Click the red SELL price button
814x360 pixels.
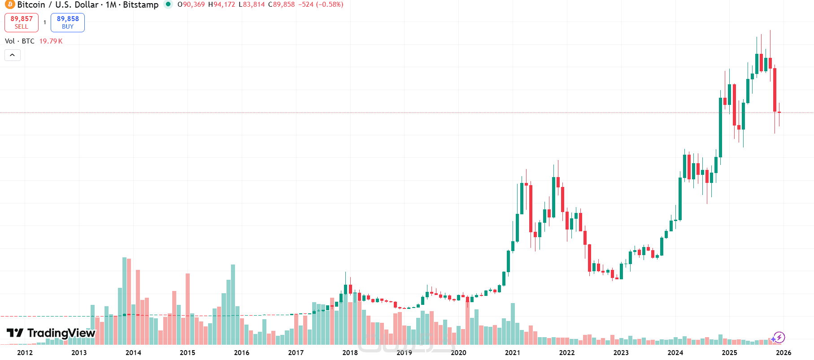[22, 22]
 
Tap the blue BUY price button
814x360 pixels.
[68, 22]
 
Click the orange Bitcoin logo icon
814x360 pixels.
[9, 4]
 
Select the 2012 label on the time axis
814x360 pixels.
[25, 352]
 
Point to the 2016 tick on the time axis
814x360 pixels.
[241, 352]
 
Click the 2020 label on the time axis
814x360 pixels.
[458, 352]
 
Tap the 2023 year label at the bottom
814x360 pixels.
[621, 352]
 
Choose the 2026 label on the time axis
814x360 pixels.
[784, 352]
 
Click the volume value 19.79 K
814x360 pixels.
[51, 41]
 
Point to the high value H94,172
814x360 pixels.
[222, 4]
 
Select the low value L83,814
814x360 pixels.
[252, 4]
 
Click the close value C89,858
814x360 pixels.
[281, 4]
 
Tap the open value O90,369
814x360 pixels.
[191, 4]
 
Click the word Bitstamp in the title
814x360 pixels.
[140, 4]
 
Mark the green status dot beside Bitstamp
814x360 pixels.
[168, 4]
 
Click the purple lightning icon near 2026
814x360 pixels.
[779, 337]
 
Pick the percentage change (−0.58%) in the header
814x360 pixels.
[330, 4]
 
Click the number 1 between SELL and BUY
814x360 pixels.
[45, 22]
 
